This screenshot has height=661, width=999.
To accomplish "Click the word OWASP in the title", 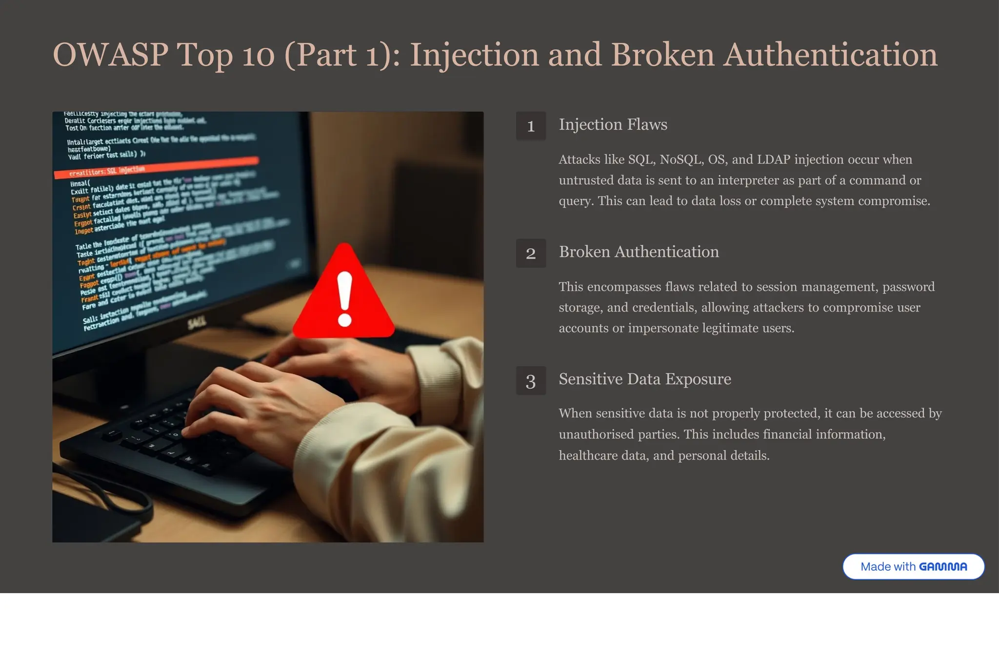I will point(110,55).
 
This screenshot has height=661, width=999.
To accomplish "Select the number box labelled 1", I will point(531,126).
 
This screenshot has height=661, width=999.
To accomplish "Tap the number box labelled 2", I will point(531,253).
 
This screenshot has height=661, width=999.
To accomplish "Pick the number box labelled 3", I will point(531,381).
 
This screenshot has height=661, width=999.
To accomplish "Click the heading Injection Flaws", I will point(613,125).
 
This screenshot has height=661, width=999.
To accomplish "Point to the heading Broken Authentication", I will point(639,252).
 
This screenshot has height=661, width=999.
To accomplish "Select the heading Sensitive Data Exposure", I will point(644,379).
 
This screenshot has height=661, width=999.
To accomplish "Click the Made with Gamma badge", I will point(913,566).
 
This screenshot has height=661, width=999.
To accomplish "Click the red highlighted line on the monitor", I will point(156,167).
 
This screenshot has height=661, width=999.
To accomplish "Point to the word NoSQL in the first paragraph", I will point(681,160).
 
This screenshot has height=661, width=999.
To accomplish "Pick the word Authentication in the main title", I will point(830,55).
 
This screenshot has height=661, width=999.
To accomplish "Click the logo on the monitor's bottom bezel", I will point(197,322).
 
